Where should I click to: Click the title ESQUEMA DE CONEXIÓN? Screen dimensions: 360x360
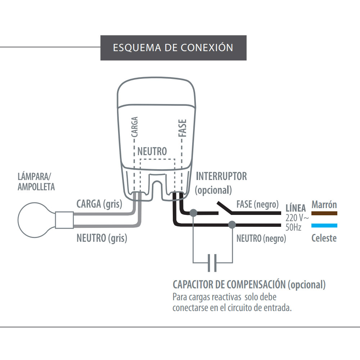(173, 48)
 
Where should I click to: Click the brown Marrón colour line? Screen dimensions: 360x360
(324, 213)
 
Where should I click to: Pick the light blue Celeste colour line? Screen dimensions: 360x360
(324, 226)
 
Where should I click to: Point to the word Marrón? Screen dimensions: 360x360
(324, 205)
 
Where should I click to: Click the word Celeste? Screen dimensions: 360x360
(324, 238)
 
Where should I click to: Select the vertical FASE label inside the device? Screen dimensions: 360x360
(183, 128)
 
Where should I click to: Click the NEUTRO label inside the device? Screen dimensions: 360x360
(152, 151)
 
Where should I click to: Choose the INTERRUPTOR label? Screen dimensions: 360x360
(221, 176)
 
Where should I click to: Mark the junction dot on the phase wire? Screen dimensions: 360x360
(193, 213)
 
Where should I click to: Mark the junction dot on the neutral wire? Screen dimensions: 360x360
(232, 225)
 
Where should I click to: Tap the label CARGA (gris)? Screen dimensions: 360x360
(99, 204)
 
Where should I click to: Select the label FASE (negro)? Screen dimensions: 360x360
(257, 204)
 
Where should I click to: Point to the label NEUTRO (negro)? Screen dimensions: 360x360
(261, 238)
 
